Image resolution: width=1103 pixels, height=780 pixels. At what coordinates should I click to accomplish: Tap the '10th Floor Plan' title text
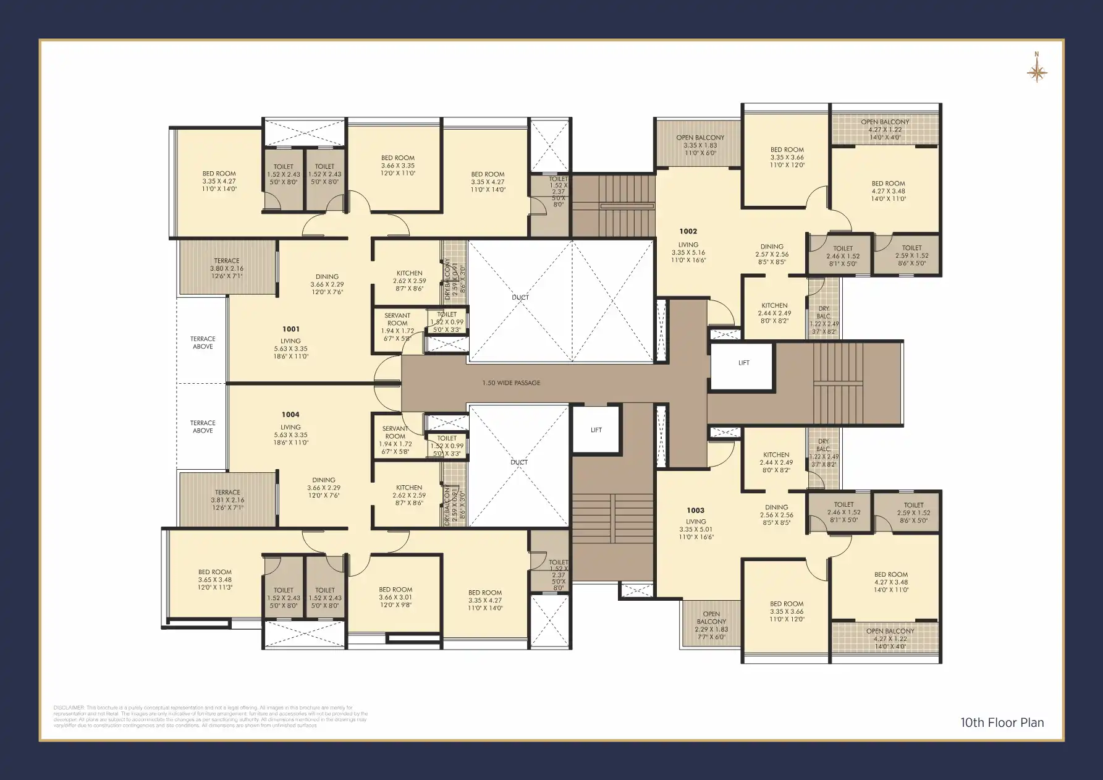point(1002,723)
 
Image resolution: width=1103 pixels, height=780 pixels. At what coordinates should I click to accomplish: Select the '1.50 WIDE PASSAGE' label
point(511,383)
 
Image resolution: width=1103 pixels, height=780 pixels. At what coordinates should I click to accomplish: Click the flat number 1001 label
point(291,329)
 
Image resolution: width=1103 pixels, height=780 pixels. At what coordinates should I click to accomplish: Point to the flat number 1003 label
point(695,511)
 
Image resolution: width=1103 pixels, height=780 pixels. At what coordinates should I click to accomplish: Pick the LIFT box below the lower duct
point(596,430)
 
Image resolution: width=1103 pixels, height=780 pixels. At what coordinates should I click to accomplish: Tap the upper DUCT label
point(520,298)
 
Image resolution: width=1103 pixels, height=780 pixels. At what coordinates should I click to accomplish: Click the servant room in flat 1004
point(395,436)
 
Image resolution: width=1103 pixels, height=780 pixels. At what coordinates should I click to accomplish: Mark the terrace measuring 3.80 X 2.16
point(227,268)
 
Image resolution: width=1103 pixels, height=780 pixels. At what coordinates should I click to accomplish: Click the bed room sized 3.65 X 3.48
point(214,580)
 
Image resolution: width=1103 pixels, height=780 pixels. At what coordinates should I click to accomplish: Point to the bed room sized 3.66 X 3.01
point(395,597)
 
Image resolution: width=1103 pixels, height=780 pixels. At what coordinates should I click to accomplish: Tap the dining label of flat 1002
point(772,247)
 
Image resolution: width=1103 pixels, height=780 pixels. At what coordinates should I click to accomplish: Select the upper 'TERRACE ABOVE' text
point(203,342)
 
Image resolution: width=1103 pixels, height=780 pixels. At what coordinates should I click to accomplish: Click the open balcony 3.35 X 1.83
point(699,145)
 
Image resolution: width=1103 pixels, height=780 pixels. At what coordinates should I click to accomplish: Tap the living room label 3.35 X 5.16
point(688,252)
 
